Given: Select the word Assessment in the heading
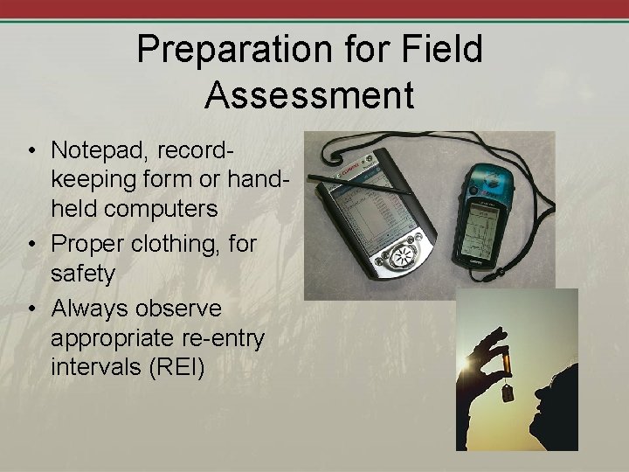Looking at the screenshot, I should [x=309, y=94].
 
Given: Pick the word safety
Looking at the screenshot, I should [x=84, y=274].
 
